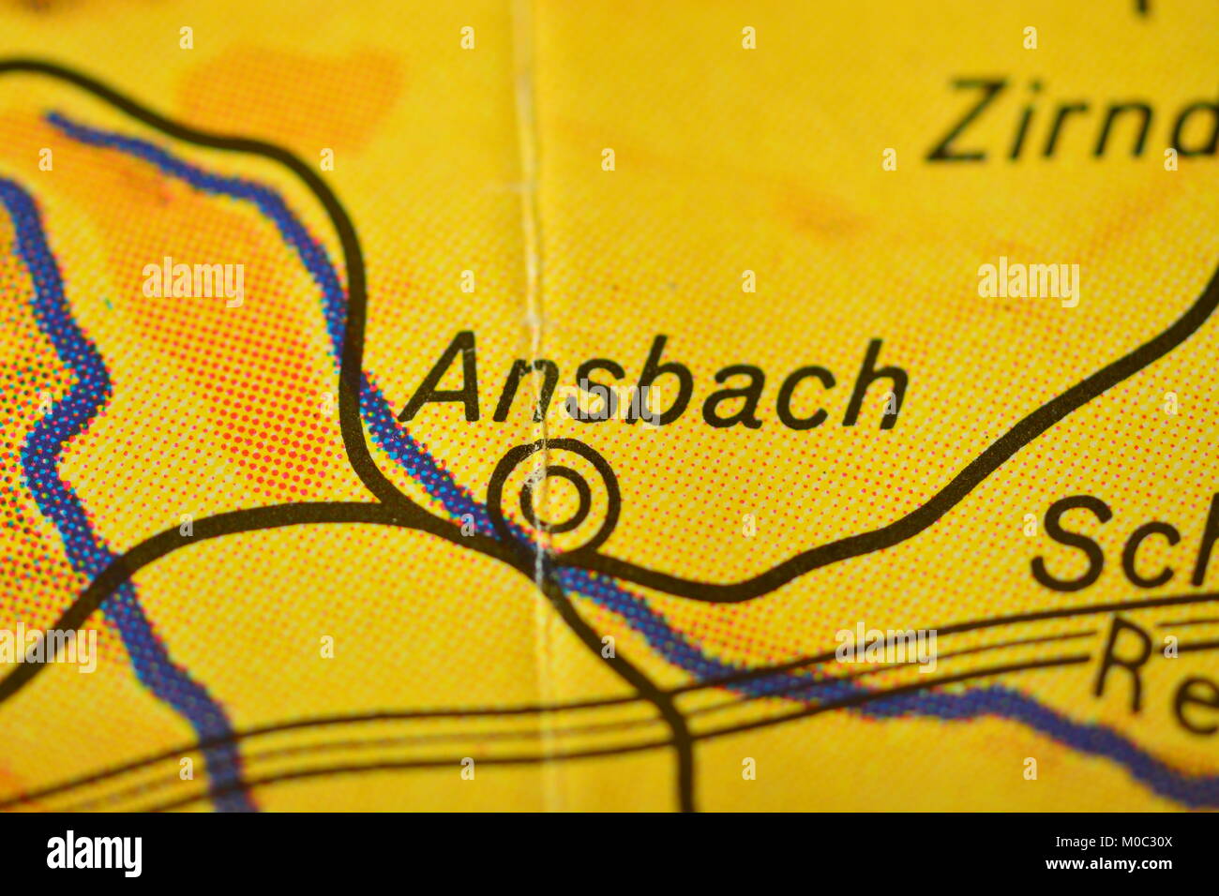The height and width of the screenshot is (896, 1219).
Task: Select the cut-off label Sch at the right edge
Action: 1125,543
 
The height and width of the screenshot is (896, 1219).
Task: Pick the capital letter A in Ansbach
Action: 446,380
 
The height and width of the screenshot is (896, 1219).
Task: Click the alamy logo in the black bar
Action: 94,854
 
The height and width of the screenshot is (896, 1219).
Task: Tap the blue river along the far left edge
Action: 56,422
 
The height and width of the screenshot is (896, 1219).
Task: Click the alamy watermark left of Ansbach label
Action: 193,281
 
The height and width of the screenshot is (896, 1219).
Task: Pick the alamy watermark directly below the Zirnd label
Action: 1029,281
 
